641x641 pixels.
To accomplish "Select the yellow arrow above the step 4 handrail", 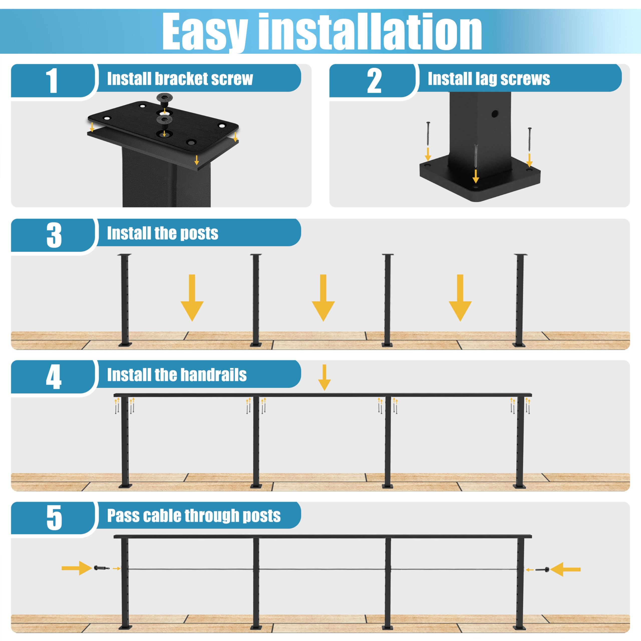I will (x=324, y=377).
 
